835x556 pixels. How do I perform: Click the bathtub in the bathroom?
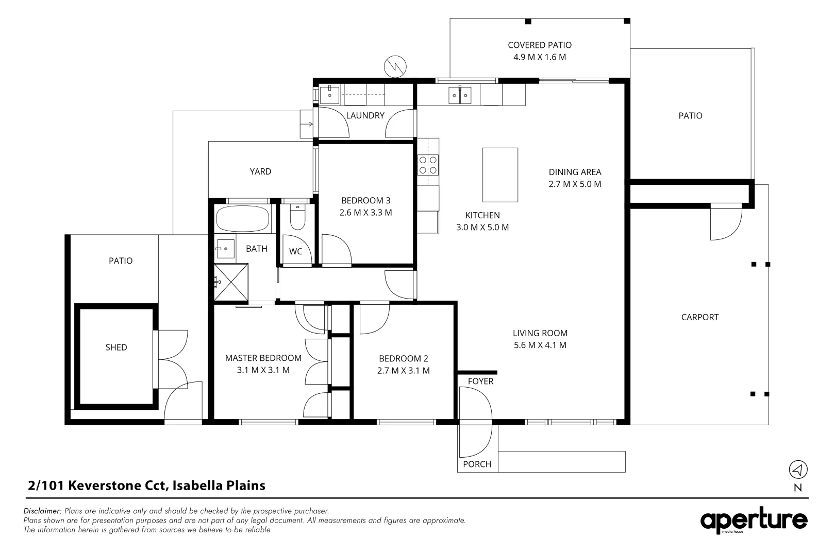point(243,219)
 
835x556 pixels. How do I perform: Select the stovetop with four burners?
point(428,165)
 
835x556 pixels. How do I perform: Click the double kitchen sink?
point(460,95)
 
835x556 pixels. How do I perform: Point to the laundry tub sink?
point(329,95)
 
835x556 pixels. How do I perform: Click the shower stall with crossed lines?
point(231,282)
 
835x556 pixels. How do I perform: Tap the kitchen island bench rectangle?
point(500,175)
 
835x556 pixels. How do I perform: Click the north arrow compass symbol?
point(798,469)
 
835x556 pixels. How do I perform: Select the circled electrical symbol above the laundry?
point(395,66)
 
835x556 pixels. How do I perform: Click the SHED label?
point(116,347)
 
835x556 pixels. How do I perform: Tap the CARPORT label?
point(699,317)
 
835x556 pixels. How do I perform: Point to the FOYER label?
point(480,381)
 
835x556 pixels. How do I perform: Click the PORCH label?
point(477,464)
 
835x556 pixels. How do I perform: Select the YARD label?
point(260,171)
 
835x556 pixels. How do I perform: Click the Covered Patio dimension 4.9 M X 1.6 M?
point(540,57)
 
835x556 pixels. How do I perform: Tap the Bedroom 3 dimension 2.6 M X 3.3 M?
point(365,213)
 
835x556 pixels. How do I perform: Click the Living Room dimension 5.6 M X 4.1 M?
point(540,345)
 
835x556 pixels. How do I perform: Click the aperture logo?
point(754,520)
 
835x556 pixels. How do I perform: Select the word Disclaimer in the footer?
point(42,511)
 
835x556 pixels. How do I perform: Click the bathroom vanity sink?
point(225,248)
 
